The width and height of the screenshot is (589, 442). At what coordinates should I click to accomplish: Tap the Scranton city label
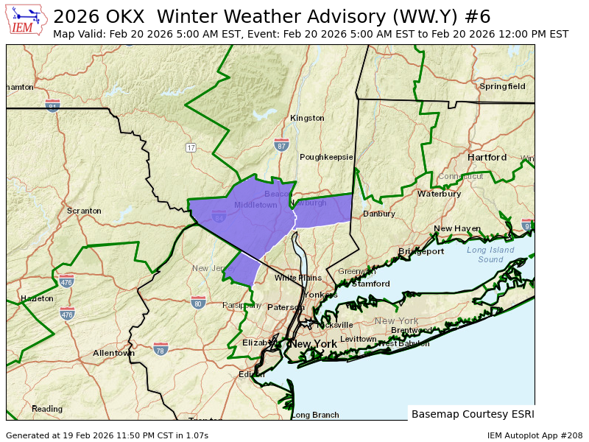84,211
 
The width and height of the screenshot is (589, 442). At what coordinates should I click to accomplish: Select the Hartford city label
487,158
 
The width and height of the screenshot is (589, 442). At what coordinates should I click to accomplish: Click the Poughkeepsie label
326,157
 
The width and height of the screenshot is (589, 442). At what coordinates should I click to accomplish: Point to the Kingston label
307,118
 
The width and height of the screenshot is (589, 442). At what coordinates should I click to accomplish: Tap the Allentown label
113,353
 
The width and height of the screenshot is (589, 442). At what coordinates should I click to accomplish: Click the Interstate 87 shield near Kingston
281,144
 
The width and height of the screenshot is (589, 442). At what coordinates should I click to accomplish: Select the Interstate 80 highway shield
198,302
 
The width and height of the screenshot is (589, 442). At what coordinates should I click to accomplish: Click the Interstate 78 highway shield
161,348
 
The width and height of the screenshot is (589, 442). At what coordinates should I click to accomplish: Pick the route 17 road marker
191,148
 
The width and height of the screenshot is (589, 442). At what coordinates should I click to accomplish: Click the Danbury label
379,214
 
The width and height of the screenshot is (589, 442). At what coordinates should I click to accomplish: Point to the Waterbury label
439,194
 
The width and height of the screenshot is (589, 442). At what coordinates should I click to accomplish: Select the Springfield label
502,86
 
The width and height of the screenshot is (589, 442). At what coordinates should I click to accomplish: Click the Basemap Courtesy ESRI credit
473,414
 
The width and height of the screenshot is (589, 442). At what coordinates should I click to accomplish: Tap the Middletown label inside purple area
255,205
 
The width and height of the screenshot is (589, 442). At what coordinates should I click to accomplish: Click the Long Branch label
315,415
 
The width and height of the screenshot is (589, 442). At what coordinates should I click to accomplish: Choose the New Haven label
456,228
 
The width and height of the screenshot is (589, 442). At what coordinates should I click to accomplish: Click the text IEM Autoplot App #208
535,435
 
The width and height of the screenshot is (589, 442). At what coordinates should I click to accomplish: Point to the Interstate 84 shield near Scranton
52,105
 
